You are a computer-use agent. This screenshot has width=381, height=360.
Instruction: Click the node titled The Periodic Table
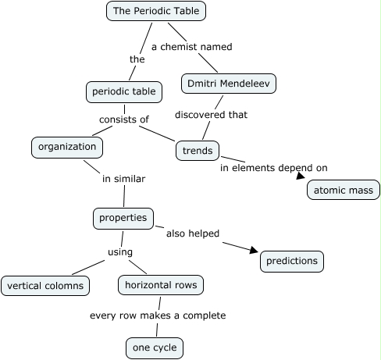156,11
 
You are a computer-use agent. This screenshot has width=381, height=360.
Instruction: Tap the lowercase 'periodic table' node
123,92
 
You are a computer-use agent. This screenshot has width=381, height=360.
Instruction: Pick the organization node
67,146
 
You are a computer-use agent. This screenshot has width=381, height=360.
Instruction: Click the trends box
197,149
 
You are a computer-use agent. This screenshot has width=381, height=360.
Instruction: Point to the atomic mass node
344,190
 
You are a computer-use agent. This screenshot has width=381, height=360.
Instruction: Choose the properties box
123,218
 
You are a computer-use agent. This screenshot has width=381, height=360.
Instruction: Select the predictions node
291,262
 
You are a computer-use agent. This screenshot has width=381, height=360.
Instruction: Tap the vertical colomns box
45,286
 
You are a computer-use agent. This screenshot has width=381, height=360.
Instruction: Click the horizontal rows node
161,285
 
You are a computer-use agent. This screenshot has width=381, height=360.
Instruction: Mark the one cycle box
156,347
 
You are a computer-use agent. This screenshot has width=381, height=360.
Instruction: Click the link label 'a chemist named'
191,47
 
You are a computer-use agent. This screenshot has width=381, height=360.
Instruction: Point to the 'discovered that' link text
211,115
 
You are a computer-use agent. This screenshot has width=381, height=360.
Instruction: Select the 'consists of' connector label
123,119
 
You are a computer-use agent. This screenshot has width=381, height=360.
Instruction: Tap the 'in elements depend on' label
273,168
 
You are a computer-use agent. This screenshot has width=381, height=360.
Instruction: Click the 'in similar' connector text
124,179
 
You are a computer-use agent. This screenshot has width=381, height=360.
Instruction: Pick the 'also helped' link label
192,233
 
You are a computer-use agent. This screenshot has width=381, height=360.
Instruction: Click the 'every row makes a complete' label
158,315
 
